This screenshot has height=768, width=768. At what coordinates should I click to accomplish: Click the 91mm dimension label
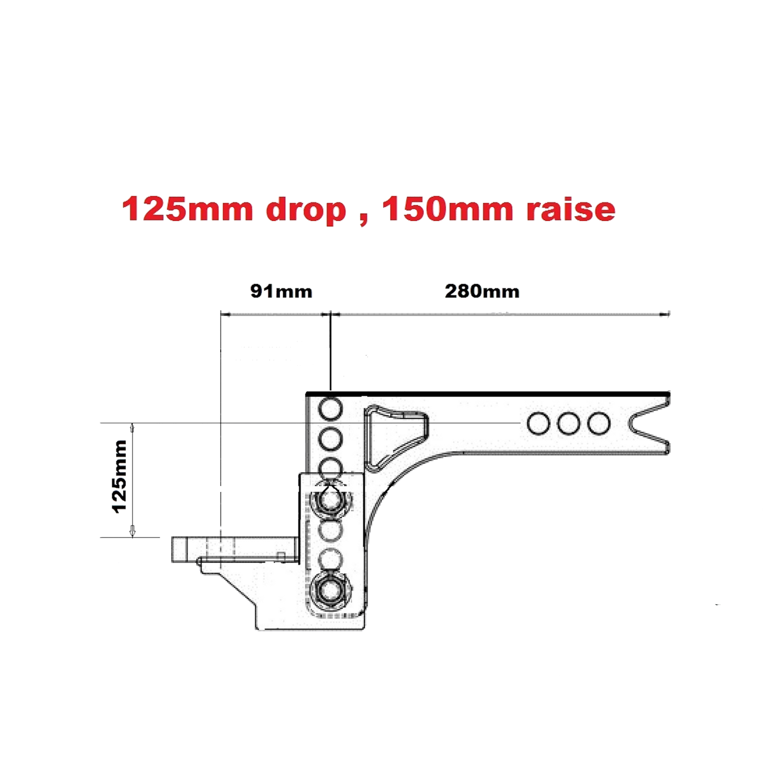[281, 291]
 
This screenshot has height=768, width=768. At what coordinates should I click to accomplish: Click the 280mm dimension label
[482, 291]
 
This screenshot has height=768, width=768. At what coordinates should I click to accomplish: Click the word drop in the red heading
[306, 210]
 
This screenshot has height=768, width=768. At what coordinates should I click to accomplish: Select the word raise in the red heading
[571, 209]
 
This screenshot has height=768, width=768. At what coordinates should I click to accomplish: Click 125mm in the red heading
[187, 209]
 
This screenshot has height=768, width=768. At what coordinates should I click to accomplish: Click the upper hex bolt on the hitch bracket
[330, 500]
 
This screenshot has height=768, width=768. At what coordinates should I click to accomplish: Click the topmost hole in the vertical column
[330, 409]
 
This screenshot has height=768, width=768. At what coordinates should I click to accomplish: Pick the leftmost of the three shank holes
[539, 424]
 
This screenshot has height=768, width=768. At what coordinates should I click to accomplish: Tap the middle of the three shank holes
[569, 424]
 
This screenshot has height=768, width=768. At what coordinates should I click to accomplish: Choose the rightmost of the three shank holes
[599, 424]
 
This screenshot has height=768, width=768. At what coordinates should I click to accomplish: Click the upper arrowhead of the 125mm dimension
[132, 428]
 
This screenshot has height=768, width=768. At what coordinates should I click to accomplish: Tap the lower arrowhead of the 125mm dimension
[132, 532]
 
